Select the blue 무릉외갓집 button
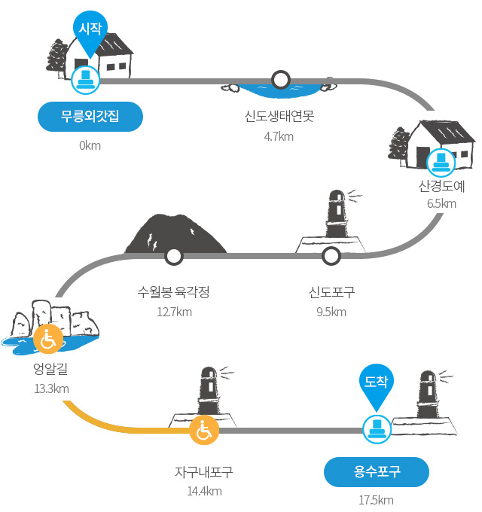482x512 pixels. click(90, 117)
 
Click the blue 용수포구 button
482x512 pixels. click(377, 472)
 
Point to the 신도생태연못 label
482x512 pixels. click(279, 116)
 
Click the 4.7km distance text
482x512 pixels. click(279, 136)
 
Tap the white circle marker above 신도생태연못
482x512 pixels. click(281, 80)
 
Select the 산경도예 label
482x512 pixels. click(441, 186)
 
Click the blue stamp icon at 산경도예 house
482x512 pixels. click(441, 163)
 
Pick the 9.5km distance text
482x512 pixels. click(331, 312)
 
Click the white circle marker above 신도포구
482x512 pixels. click(331, 256)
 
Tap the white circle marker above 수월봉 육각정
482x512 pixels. click(174, 256)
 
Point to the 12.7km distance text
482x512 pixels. click(175, 312)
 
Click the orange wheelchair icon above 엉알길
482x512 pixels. click(48, 339)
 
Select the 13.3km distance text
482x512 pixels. click(52, 389)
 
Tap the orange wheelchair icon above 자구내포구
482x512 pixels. click(204, 431)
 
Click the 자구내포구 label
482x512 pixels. click(204, 472)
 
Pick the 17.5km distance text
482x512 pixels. click(377, 500)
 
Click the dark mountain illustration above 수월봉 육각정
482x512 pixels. click(175, 234)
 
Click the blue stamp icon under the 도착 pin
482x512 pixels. click(377, 429)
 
